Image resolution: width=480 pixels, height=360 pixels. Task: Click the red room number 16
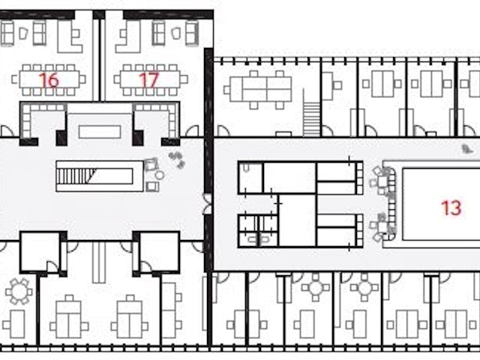[49, 80]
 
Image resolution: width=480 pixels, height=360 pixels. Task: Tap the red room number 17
[148, 80]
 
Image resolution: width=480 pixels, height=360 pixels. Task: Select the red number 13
[451, 208]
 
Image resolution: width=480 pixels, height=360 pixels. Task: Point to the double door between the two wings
[208, 203]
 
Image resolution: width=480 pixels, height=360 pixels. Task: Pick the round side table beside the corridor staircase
[160, 175]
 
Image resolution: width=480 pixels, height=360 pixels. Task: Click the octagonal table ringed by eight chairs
[19, 292]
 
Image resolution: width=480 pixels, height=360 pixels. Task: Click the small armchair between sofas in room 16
[23, 33]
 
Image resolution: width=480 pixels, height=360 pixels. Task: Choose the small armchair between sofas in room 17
[175, 33]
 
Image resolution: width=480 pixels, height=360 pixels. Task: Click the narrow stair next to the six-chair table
[311, 112]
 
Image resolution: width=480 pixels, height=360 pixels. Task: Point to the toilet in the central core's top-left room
[247, 168]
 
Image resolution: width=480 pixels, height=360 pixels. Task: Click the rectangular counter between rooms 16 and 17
[100, 132]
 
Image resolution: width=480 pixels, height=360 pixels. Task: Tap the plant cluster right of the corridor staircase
[177, 160]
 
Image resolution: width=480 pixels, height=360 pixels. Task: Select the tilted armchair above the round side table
[151, 164]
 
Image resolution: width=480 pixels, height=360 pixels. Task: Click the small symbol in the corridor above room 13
[466, 149]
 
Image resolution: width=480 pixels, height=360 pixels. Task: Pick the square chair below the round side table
[152, 187]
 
